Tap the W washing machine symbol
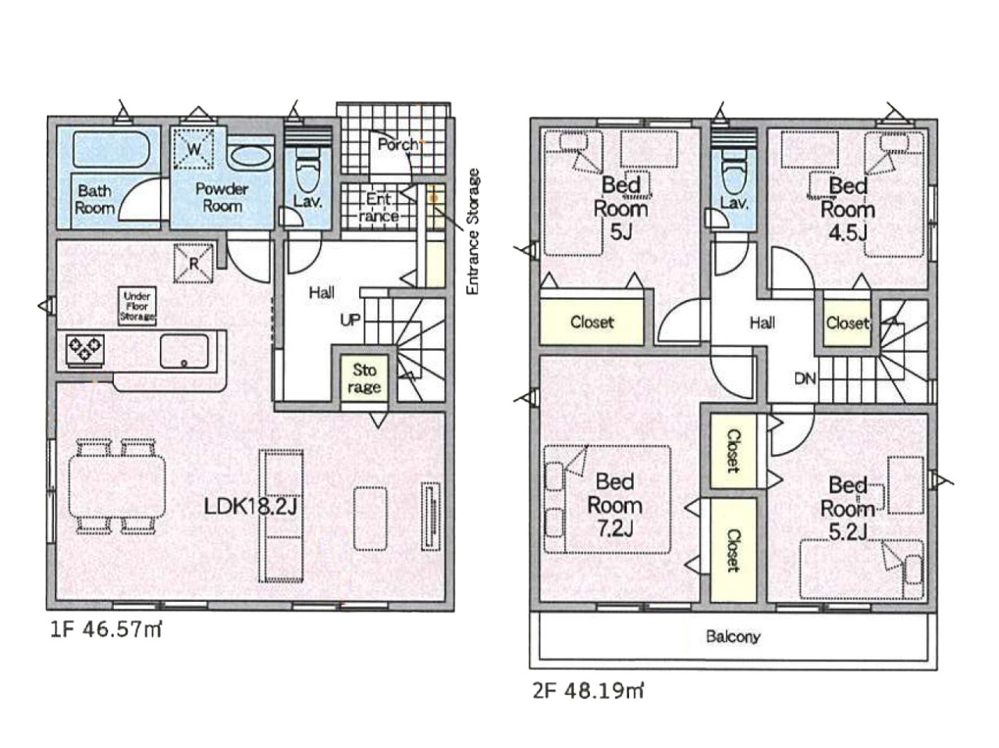coord(194,149)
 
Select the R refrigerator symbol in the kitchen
coord(194,264)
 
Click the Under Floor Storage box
coord(137,306)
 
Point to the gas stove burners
coord(85,349)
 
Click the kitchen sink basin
coord(184,351)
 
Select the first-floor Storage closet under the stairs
coord(364,379)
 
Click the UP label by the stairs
coord(350,320)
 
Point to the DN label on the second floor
coord(805,379)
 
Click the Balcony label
coord(733,637)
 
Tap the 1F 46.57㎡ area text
coord(105,631)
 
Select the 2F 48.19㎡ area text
coord(588,692)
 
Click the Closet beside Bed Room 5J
coord(592,322)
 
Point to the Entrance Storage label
coord(474,231)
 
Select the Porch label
coord(398,144)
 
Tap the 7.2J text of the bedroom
coord(614,529)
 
